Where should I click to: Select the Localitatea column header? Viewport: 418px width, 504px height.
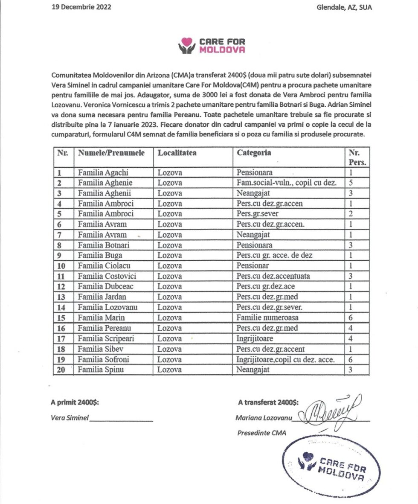point(177,153)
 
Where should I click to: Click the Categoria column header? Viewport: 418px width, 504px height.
point(254,153)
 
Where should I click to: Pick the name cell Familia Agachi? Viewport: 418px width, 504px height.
point(103,173)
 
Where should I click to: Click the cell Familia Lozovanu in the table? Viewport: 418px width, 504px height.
point(108,307)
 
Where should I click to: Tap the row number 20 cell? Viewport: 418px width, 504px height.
point(61,369)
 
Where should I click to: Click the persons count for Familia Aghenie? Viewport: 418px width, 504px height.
point(350,183)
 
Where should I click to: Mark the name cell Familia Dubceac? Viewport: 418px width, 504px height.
point(106,286)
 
